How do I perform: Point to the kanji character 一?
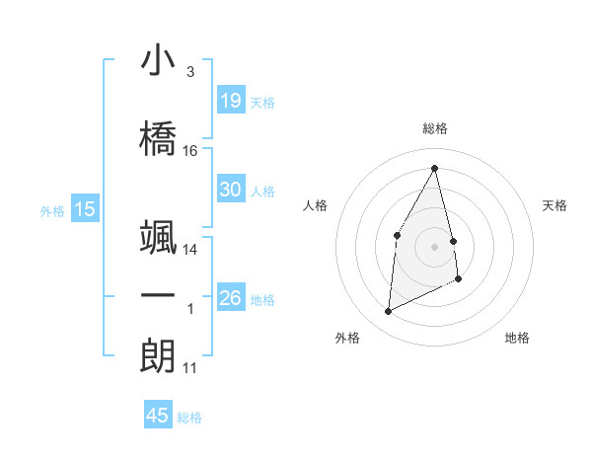(158, 296)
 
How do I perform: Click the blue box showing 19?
(231, 100)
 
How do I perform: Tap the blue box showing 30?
(231, 190)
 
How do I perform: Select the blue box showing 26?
(231, 298)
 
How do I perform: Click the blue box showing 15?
(85, 209)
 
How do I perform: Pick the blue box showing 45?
(158, 416)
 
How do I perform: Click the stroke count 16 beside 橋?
(190, 151)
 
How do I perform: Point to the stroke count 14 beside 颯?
(190, 250)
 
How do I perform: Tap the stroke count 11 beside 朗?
(190, 368)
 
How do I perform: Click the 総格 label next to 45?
(189, 418)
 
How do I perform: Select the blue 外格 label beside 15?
(52, 210)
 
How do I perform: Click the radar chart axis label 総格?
(435, 128)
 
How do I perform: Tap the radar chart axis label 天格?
(555, 205)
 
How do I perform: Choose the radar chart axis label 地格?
(517, 338)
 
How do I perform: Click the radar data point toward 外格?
(388, 312)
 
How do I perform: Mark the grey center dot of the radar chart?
(435, 246)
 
